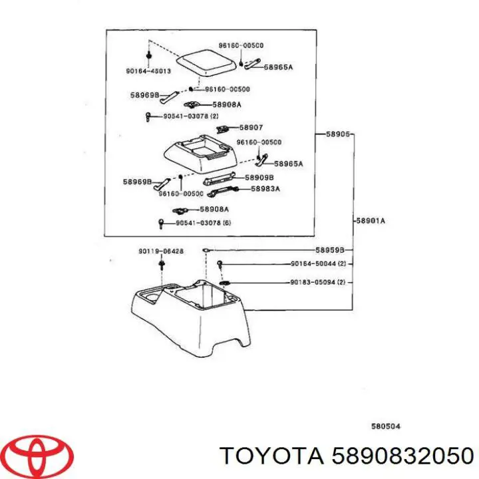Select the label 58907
(x=251, y=128)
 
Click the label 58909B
(x=259, y=178)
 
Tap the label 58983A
(x=265, y=188)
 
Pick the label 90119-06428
(x=160, y=251)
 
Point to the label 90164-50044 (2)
(x=317, y=264)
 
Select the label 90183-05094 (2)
(x=317, y=282)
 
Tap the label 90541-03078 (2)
(x=191, y=116)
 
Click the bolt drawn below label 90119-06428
(x=161, y=264)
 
